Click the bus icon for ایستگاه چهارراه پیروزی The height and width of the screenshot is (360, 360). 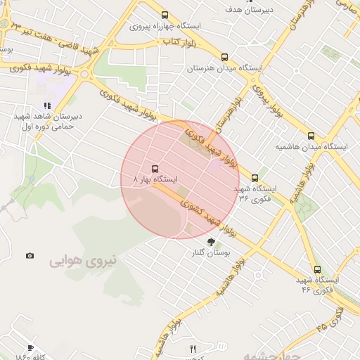[x=165, y=15]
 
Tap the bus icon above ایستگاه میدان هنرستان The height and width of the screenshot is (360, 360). [x=224, y=57]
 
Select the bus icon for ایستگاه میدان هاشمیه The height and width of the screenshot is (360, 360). [x=311, y=135]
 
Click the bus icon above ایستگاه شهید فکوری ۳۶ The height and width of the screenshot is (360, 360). [x=255, y=177]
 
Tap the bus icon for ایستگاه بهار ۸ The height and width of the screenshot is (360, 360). [x=155, y=168]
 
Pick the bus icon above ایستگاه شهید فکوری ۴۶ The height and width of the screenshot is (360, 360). [x=317, y=269]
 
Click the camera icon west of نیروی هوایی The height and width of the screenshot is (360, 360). [x=29, y=255]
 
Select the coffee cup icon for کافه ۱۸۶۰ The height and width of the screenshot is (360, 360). [x=30, y=347]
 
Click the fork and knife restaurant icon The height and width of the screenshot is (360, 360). [x=193, y=348]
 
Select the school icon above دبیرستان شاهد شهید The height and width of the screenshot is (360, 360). [x=47, y=105]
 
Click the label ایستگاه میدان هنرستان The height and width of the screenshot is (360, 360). [x=224, y=69]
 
